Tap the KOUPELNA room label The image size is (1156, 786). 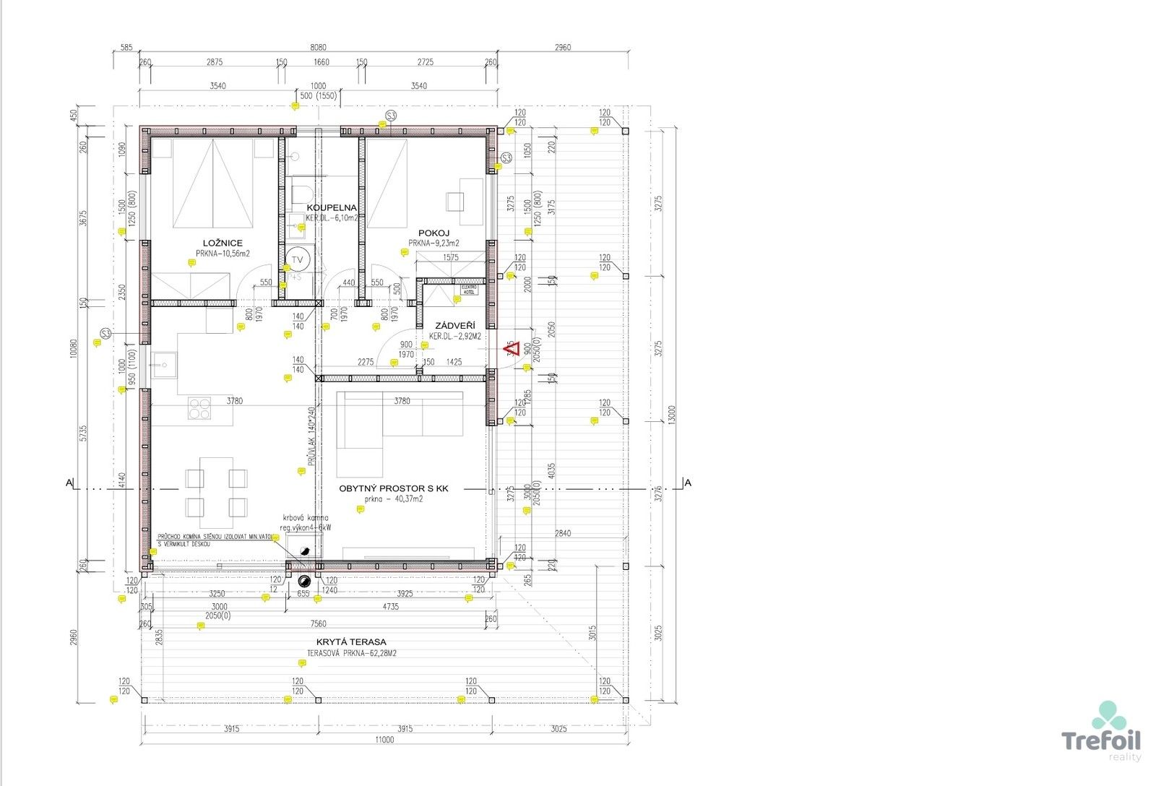(332, 207)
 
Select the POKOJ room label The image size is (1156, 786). (434, 233)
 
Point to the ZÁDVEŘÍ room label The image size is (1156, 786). (452, 326)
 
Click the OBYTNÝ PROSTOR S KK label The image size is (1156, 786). (394, 488)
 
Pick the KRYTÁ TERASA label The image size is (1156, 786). (351, 642)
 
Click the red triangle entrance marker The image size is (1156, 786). (512, 350)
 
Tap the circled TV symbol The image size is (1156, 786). (298, 259)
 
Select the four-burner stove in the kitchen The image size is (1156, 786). (199, 408)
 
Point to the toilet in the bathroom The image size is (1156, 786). (301, 195)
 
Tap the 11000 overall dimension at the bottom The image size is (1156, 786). (384, 739)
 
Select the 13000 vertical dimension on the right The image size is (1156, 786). (672, 413)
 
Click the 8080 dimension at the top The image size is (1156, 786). (319, 48)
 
